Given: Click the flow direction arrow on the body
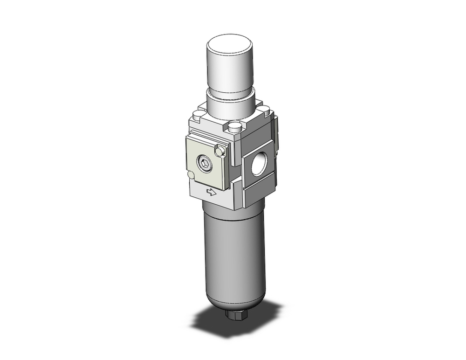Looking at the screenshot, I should pyautogui.click(x=212, y=192).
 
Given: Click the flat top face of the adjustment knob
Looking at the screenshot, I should pyautogui.click(x=230, y=45).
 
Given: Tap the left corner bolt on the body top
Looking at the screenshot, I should pyautogui.click(x=199, y=113).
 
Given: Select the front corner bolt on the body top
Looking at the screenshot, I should pyautogui.click(x=235, y=126).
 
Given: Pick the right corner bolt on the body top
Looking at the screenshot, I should pyautogui.click(x=264, y=110).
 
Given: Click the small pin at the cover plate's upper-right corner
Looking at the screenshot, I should pyautogui.click(x=219, y=150).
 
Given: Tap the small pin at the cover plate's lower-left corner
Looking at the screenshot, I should pyautogui.click(x=190, y=175).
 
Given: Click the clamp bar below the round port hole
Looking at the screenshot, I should pyautogui.click(x=260, y=191).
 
